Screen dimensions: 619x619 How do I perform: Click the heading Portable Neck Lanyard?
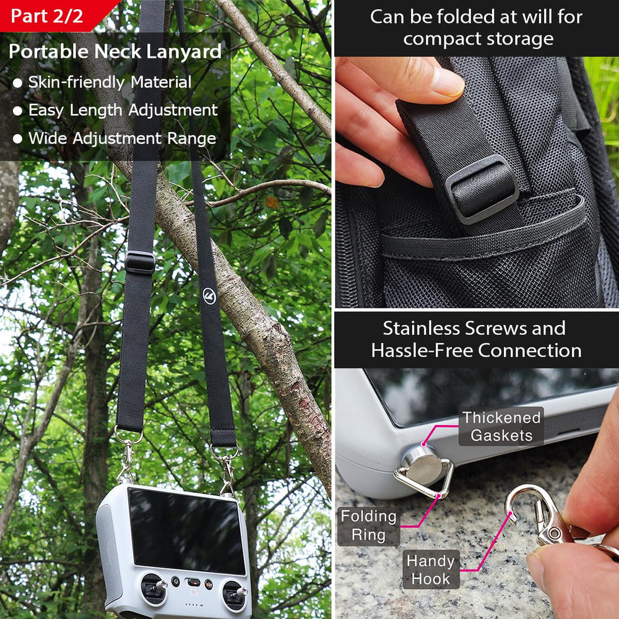pos(115,52)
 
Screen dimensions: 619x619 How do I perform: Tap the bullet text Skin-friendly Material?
pos(110,82)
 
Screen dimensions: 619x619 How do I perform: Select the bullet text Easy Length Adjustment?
pos(123,110)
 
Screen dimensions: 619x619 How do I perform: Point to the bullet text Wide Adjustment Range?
pos(123,138)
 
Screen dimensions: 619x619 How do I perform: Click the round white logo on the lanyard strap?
pos(209,296)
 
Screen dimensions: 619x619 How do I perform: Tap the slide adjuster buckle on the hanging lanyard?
pos(140,262)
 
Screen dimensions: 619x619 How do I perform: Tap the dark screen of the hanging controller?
pos(186,531)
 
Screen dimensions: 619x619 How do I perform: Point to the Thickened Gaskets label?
pos(501,426)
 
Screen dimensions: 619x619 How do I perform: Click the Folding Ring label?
pos(369,526)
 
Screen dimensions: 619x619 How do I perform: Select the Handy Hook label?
pos(431,569)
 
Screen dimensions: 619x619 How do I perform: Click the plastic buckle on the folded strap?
pos(482,189)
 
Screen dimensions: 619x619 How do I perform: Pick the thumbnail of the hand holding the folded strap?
pos(477,182)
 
